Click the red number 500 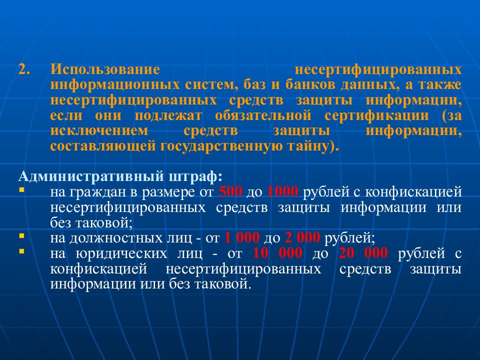(230, 192)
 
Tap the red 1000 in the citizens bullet (283, 192)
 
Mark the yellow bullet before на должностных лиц (21, 235)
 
